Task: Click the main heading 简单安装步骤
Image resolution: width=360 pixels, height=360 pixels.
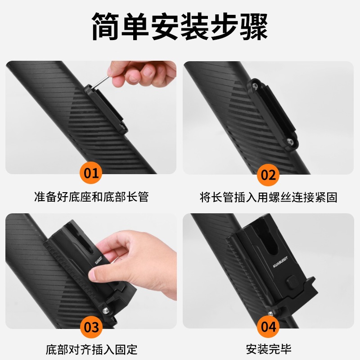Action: (180, 27)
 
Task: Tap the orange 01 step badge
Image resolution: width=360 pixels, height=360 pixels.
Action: (91, 173)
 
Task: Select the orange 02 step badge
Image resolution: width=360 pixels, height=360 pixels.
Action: (268, 175)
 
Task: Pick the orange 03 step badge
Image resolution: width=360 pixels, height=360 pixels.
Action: (91, 327)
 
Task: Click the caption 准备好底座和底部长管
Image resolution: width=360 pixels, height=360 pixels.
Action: (91, 197)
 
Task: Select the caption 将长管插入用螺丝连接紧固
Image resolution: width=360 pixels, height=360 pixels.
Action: (268, 197)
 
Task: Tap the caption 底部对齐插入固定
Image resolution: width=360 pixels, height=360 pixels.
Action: (91, 350)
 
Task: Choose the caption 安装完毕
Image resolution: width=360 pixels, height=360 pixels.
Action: (269, 349)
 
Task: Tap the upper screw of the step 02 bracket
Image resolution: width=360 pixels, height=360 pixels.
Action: (255, 86)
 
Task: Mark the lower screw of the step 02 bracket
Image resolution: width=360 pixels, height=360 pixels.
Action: (290, 142)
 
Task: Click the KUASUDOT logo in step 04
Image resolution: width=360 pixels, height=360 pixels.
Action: (280, 262)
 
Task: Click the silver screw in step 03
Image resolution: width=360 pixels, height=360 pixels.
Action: (105, 310)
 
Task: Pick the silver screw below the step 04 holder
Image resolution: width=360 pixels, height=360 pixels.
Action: (270, 313)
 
